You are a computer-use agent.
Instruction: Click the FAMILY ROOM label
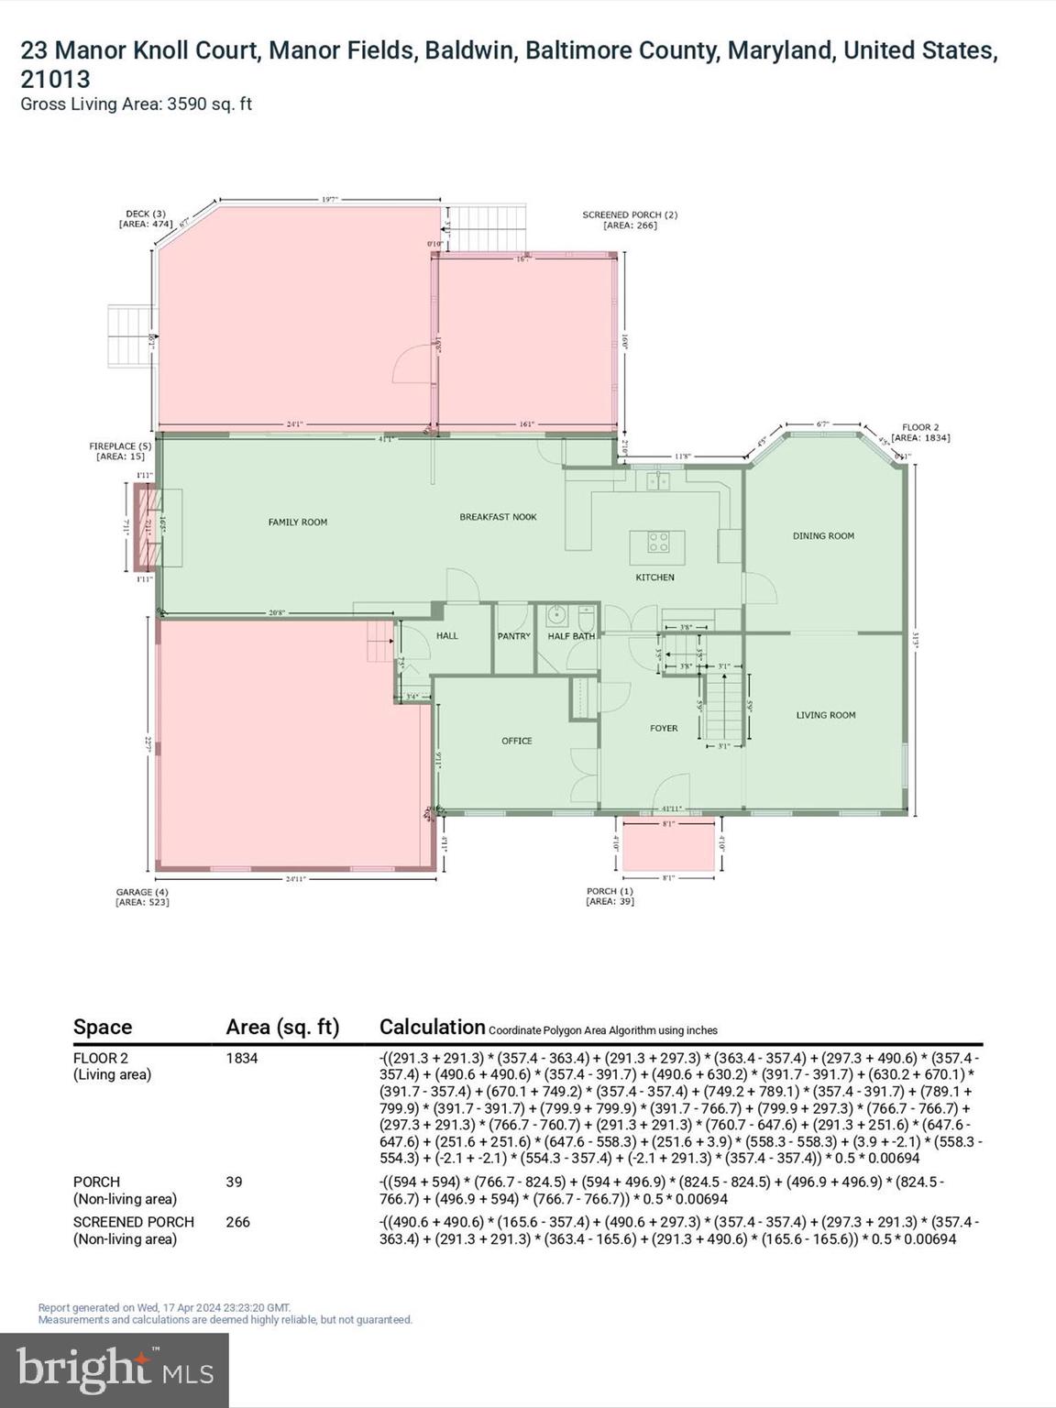[297, 522]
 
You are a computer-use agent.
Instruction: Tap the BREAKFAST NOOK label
[498, 517]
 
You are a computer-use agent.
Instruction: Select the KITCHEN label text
[654, 577]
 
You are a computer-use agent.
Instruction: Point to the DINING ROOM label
[823, 536]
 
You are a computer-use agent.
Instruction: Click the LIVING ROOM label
[825, 715]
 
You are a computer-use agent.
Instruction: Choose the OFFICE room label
[516, 741]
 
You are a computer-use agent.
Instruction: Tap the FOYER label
[664, 729]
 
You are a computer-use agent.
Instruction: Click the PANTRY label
[513, 636]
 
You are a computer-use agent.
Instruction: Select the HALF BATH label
[571, 636]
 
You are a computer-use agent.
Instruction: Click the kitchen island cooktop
[658, 542]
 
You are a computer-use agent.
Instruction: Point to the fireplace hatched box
[145, 528]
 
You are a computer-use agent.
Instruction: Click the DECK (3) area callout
[146, 219]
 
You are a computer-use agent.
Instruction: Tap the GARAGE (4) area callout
[142, 896]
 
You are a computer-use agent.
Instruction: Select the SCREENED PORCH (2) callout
[630, 220]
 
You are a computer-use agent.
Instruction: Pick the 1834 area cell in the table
[242, 1058]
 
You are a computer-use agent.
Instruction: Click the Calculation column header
[432, 1027]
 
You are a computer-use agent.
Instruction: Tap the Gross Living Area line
[136, 104]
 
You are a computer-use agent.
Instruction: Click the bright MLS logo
[115, 1370]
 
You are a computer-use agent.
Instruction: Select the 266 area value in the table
[237, 1222]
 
